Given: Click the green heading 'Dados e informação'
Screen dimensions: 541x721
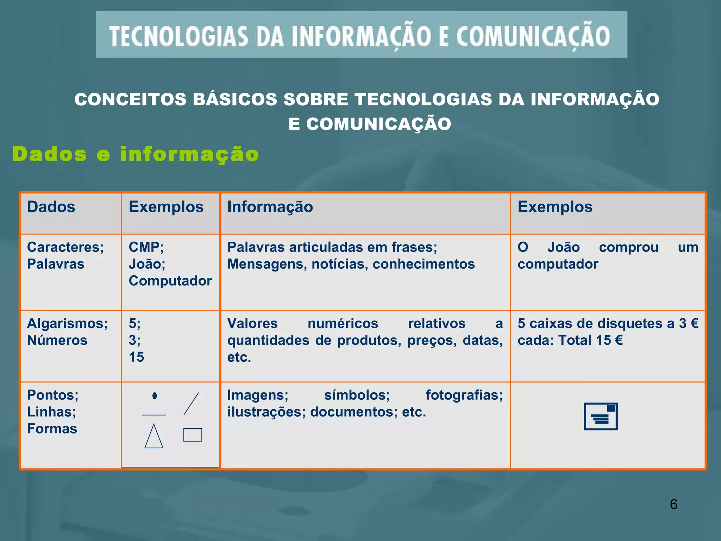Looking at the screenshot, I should point(136,154).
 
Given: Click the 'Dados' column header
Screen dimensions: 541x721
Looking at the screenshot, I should point(51,207).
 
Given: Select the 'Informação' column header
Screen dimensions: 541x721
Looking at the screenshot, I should point(270,207).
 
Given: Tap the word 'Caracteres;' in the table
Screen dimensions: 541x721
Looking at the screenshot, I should point(65,247).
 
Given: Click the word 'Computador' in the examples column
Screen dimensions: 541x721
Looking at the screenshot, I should point(170,281).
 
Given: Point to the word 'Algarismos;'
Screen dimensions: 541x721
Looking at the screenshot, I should point(67,323).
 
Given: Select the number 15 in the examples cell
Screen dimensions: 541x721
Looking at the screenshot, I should point(136,357).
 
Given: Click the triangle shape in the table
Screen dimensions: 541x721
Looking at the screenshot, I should point(154,437).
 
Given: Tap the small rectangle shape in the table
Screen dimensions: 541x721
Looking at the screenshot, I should point(193,435).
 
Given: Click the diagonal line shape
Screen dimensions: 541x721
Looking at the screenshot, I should point(191,404).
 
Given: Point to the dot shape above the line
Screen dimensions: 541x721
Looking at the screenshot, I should point(155,396).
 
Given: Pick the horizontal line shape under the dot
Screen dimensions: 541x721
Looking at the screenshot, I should point(154,415).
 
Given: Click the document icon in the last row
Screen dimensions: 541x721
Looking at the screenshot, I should point(601,416).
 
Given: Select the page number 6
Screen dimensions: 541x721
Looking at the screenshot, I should point(673,504).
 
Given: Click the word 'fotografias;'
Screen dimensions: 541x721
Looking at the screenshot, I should point(464,395).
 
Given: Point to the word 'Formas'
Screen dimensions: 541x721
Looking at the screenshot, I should point(52,429).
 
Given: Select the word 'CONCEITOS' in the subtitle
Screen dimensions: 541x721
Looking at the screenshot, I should point(130,99).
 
